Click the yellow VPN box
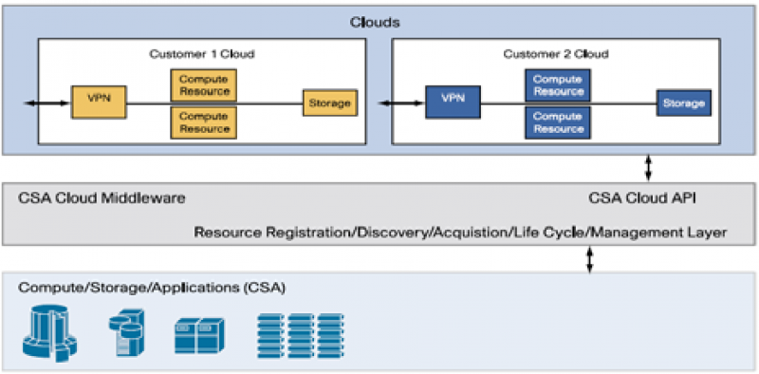click(x=99, y=102)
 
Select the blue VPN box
click(x=454, y=102)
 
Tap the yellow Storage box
click(x=330, y=103)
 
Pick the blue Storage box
click(x=684, y=103)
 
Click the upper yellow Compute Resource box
click(x=204, y=85)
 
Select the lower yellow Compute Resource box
click(x=204, y=123)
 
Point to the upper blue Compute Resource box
click(x=558, y=85)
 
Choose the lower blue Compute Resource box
click(x=558, y=123)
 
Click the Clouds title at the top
click(x=376, y=22)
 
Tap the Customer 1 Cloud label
click(x=202, y=54)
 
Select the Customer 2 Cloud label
click(x=556, y=54)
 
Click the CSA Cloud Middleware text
click(x=102, y=198)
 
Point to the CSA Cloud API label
click(x=642, y=198)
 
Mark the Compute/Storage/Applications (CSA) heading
click(x=152, y=288)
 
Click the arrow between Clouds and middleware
click(x=648, y=169)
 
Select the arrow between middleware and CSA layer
click(x=589, y=259)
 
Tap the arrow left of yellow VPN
click(x=46, y=103)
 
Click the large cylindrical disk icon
click(x=50, y=333)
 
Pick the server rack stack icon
click(x=301, y=335)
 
